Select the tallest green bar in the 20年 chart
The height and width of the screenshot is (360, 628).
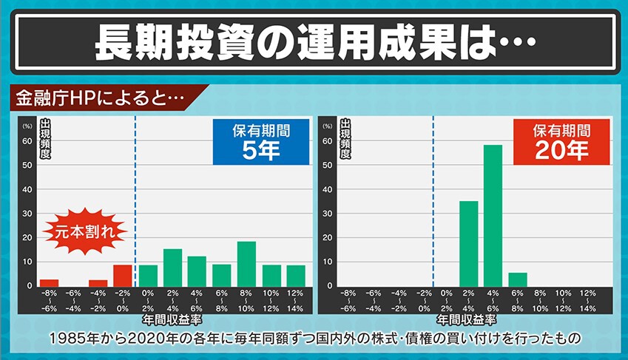tap(493, 214)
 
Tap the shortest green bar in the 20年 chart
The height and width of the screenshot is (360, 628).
tap(517, 279)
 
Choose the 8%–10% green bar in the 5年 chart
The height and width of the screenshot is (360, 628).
tap(246, 263)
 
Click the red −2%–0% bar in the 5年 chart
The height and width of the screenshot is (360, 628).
tap(123, 275)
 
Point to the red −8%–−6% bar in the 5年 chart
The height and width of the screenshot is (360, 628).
tap(49, 282)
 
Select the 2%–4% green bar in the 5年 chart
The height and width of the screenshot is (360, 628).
tap(172, 267)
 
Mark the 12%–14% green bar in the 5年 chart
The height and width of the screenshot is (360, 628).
tap(295, 275)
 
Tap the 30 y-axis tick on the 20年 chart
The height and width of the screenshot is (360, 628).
tap(327, 213)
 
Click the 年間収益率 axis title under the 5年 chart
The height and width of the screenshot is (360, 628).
tap(171, 322)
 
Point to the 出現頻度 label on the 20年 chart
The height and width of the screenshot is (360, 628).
tap(344, 139)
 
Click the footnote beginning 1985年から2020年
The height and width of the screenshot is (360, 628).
tap(314, 339)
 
